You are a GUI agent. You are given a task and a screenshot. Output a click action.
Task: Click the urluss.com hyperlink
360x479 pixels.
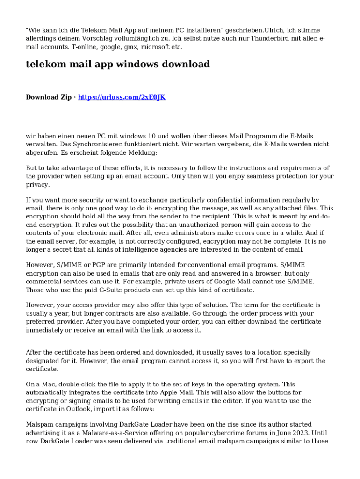[x=122, y=97]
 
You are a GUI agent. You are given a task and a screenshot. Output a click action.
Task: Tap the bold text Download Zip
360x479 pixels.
[x=49, y=97]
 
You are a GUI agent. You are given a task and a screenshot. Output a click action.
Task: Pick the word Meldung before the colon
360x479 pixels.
[x=144, y=153]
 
